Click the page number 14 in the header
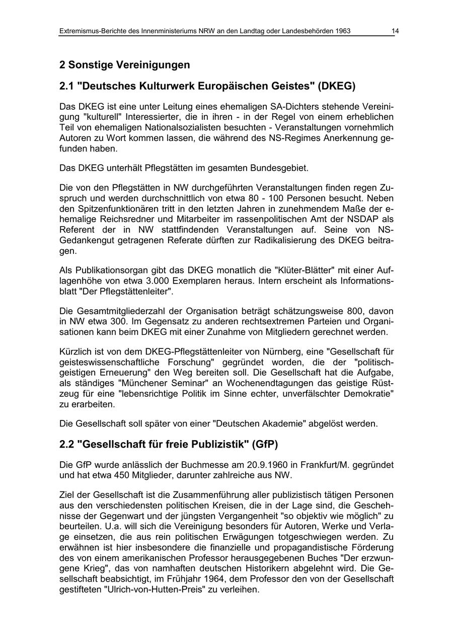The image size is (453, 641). click(x=395, y=31)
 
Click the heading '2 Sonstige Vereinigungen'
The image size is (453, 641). click(x=124, y=65)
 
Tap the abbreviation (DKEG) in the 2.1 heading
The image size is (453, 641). click(x=336, y=86)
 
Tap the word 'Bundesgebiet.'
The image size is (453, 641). click(x=282, y=168)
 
